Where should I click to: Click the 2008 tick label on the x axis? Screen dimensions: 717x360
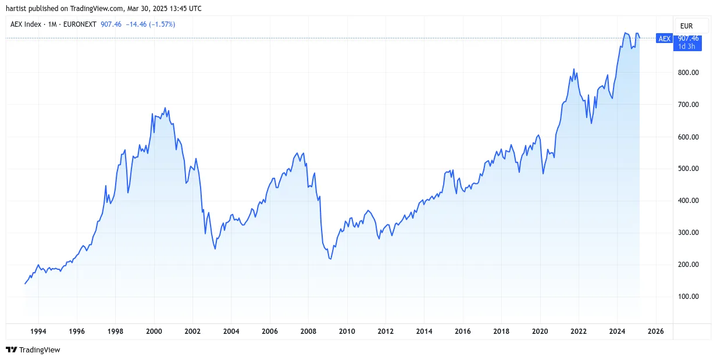point(308,332)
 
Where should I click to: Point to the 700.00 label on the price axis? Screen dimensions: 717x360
point(688,105)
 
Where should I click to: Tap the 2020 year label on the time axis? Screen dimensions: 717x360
point(540,332)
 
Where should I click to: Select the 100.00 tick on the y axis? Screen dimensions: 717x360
point(688,297)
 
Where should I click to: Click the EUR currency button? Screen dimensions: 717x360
point(686,26)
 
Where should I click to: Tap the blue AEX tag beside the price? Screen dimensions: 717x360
point(664,39)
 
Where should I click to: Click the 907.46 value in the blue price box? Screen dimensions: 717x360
point(688,38)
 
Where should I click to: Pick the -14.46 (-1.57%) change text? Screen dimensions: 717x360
point(151,24)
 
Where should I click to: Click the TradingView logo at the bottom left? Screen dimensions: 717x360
point(33,350)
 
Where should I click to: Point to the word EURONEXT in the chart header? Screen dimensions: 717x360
point(80,24)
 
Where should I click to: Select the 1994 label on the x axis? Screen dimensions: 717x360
point(38,332)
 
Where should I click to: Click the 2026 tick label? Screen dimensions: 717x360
point(655,332)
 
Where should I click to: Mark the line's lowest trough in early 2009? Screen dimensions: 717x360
point(330,259)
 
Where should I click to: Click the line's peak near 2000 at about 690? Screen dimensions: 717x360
point(165,108)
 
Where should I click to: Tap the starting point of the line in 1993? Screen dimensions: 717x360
point(25,283)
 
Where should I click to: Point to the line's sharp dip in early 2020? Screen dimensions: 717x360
point(543,173)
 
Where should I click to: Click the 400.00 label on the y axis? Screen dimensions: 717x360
point(688,201)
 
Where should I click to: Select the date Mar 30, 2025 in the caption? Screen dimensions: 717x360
point(147,9)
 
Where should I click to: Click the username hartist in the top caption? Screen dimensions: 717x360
point(16,9)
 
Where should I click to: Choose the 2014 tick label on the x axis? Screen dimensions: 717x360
point(424,332)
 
